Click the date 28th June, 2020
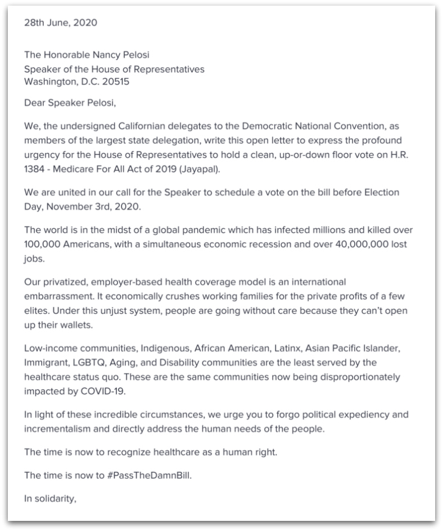(x=61, y=23)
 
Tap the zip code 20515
(x=121, y=81)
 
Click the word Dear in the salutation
(x=35, y=103)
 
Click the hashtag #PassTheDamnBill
(x=143, y=475)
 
